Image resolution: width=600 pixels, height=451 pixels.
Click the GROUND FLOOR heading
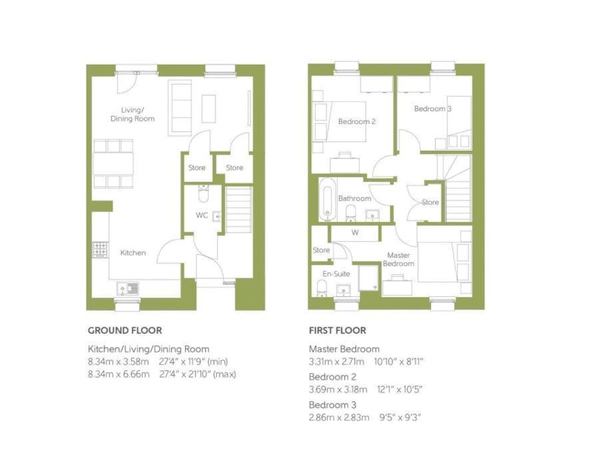coord(125,330)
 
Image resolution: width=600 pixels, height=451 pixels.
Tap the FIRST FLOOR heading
coord(338,330)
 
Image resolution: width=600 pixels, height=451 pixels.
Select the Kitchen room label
coord(133,252)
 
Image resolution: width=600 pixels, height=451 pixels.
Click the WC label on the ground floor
coord(202,215)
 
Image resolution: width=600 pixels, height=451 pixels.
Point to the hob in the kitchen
coord(101,250)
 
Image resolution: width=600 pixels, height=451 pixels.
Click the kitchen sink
coord(128,288)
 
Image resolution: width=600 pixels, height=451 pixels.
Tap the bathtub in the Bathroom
coord(328,199)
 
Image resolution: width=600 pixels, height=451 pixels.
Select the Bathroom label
coord(355,199)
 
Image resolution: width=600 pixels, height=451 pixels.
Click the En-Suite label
coord(336,274)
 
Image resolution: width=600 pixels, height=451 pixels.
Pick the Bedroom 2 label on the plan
coord(357,122)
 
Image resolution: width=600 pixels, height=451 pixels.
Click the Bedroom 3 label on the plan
coord(433,109)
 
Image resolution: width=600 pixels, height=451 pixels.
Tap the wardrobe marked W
coord(355,233)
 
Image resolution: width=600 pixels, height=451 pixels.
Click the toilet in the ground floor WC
coord(203,194)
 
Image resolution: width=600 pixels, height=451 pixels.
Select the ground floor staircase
coord(239,209)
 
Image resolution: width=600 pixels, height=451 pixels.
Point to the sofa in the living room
coord(180,107)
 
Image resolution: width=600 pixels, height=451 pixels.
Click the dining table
coord(113,163)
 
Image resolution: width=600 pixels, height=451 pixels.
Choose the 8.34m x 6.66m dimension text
coord(119,374)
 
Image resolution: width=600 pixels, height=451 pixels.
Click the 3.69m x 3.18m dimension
coord(338,390)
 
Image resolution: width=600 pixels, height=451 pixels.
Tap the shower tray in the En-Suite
coord(369,278)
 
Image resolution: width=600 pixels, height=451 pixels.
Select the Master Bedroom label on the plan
coord(399,259)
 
